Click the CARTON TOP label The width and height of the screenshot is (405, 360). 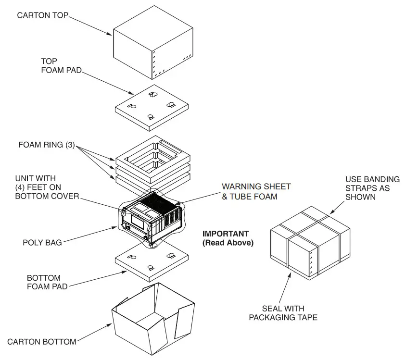tap(43, 15)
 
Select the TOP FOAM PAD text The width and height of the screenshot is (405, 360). tap(61, 65)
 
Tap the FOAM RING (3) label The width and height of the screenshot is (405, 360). tap(47, 145)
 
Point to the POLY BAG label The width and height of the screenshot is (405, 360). tap(42, 243)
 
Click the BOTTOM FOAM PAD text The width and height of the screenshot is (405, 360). tap(47, 282)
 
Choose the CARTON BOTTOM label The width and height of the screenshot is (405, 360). tap(42, 342)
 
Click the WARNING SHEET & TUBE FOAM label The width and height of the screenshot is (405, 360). tap(256, 191)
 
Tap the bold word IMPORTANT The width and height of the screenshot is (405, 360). tap(226, 234)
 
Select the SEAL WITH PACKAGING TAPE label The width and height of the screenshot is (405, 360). tap(283, 313)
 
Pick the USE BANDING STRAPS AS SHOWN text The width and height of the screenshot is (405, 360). tap(372, 188)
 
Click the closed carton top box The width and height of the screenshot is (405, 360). tap(153, 43)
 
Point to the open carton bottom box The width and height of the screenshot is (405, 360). tap(153, 319)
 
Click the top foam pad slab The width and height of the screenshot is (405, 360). tap(152, 108)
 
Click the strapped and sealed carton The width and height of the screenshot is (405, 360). tap(310, 243)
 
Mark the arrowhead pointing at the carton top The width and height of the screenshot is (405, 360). tap(110, 34)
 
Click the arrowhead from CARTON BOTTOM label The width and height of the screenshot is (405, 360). tap(110, 325)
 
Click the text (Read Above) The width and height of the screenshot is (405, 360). tap(228, 243)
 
